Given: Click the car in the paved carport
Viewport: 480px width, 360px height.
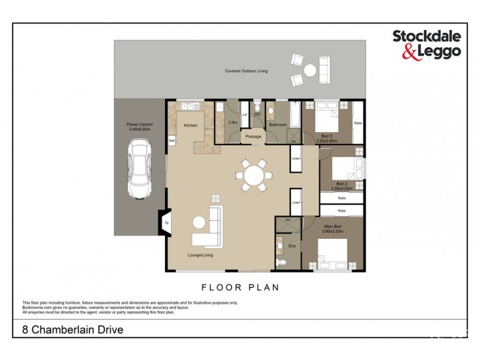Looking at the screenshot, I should (x=139, y=170).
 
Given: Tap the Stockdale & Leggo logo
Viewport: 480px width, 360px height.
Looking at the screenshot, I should (x=426, y=44).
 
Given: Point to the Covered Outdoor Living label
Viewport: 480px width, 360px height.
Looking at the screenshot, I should (x=246, y=71).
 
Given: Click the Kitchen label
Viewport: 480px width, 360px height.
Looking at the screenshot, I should (x=190, y=125).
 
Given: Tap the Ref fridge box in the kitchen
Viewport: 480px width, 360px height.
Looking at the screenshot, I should (x=171, y=141).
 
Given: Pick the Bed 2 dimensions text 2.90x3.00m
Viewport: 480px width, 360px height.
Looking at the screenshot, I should (x=341, y=188).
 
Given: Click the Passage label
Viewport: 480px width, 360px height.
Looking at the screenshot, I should (x=253, y=137).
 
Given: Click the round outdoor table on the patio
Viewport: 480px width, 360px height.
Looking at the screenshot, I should (x=310, y=70).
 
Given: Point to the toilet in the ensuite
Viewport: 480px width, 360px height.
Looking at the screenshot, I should (x=282, y=262).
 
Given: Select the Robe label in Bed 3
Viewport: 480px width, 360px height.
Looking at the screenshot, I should (x=358, y=123).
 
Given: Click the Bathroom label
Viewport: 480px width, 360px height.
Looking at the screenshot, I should (x=277, y=125).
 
